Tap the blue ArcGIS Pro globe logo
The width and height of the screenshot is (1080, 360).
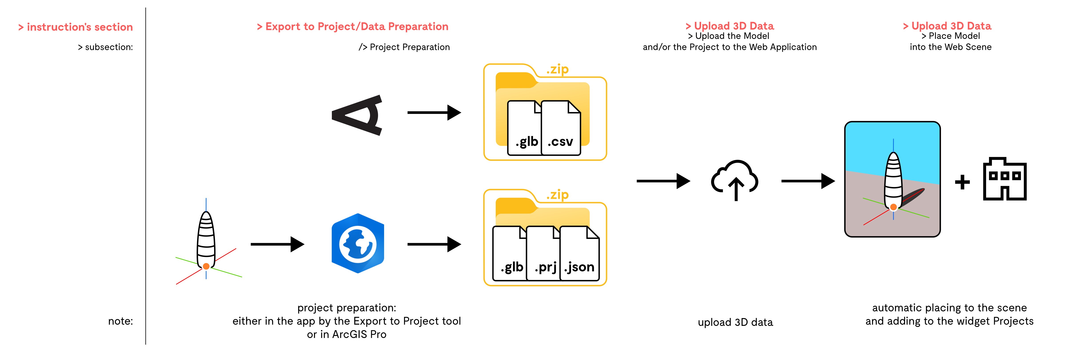coord(358,244)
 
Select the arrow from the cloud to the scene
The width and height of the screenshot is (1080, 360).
coord(807,181)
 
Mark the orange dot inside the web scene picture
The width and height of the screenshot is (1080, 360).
coord(894,207)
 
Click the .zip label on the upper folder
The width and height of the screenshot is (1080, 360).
coord(557,70)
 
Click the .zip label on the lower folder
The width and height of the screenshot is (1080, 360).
coord(557,195)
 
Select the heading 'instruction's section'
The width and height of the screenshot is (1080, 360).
coord(75,27)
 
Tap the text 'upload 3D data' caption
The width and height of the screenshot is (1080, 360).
coord(735,322)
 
